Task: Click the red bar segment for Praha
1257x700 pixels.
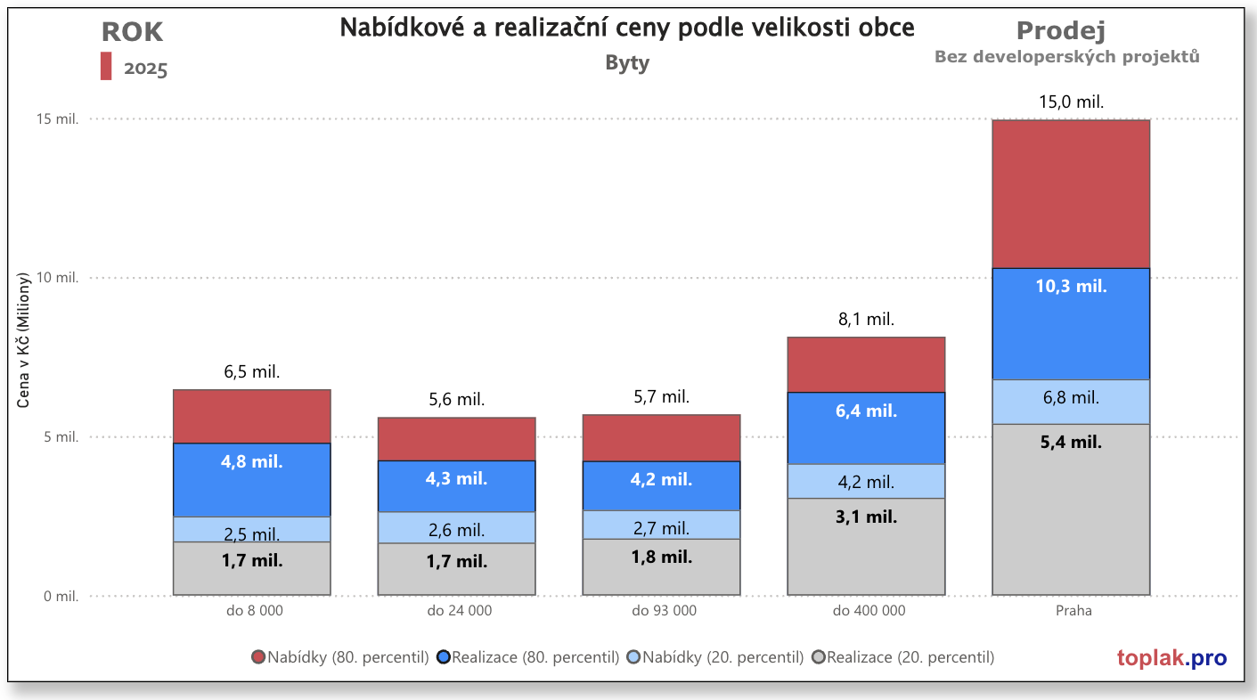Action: (x=1071, y=193)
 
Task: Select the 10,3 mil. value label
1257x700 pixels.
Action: (x=1071, y=287)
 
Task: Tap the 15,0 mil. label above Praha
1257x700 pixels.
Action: (x=1071, y=102)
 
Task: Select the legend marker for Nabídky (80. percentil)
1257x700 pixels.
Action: (x=258, y=657)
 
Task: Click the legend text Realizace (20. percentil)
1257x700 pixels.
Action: (x=910, y=657)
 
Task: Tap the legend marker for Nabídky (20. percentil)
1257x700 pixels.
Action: (x=633, y=657)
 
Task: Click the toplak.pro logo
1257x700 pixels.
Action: (x=1171, y=658)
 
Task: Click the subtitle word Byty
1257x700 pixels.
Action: (x=627, y=63)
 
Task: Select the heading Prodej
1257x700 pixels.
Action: (x=1060, y=31)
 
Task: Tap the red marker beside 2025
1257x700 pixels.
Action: (x=106, y=66)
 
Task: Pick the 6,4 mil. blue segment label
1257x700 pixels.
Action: (x=866, y=411)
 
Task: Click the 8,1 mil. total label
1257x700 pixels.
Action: (x=866, y=319)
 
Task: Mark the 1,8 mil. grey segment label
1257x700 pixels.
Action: (x=661, y=558)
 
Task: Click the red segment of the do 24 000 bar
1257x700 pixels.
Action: (x=456, y=439)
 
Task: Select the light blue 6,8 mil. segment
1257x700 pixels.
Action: (x=1071, y=398)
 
